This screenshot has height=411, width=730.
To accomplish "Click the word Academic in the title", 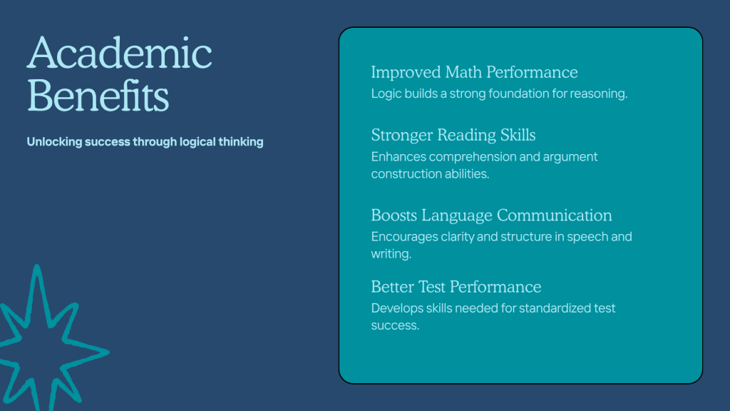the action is (x=119, y=53).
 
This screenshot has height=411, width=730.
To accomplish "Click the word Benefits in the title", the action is (x=98, y=96).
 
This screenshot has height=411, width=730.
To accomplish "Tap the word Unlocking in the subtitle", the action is (x=54, y=142).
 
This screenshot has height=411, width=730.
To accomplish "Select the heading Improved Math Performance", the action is (x=474, y=72).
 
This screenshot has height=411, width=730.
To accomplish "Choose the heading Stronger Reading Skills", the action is (x=453, y=135).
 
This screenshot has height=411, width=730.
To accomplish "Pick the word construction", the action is (x=406, y=174).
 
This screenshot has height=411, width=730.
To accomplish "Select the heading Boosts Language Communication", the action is (x=492, y=215).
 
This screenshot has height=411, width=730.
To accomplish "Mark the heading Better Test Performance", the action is (x=456, y=287).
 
